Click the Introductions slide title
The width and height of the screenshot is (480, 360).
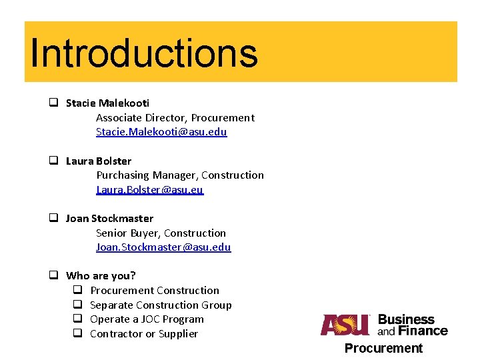143,53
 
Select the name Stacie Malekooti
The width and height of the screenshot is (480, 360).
107,103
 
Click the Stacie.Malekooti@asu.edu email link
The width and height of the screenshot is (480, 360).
161,132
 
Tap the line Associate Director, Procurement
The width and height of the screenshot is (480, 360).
175,117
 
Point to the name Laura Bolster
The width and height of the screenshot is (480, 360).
99,161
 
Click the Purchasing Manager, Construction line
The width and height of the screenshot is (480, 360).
180,175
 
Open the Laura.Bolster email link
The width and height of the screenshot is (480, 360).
149,190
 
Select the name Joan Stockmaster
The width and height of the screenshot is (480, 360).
109,219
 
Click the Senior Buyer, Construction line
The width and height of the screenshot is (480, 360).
161,233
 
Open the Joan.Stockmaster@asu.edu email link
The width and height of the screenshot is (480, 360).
163,247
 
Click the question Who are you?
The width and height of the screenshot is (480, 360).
101,276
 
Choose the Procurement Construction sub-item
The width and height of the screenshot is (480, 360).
154,291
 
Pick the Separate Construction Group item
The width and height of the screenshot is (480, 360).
161,305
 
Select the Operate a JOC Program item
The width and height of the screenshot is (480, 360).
147,319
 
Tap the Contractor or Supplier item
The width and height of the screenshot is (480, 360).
143,334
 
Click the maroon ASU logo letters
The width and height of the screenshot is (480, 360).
345,325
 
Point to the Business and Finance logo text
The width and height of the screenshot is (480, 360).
412,325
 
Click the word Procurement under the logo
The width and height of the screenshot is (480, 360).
383,348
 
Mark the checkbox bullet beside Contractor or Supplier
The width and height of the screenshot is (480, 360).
77,333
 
